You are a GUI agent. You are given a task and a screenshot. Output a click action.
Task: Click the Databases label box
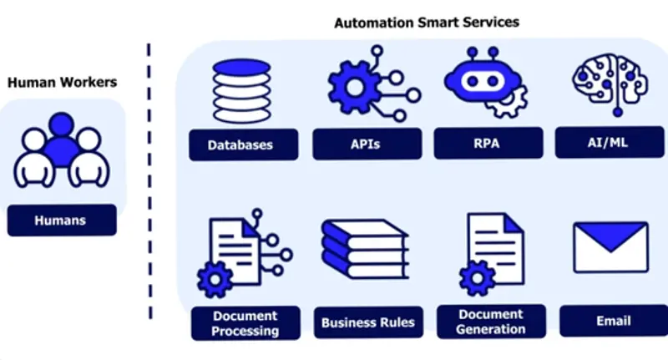240,145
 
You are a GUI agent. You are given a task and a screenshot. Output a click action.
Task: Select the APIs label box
365,144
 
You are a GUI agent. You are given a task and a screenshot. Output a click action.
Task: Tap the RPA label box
486,143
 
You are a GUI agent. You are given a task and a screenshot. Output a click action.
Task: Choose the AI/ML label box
609,142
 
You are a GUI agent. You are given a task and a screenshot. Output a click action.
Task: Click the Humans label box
61,221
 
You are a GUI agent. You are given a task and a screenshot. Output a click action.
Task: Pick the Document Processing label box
245,323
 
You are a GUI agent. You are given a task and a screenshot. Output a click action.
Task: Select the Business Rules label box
367,322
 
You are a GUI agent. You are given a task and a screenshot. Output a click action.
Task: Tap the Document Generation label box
492,322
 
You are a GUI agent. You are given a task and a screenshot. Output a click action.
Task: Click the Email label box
613,321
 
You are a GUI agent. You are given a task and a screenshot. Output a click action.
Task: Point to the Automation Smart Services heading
427,23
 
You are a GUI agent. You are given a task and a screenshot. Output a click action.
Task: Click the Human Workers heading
62,82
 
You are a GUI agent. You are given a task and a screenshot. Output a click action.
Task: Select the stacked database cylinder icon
241,90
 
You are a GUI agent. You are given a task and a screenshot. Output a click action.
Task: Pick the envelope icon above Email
610,247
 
